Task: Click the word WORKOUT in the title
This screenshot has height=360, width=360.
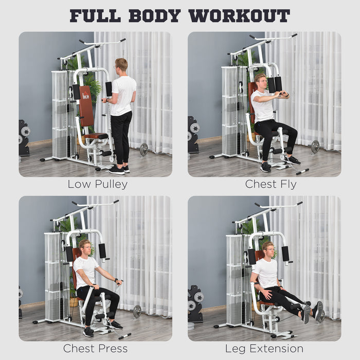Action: point(239,15)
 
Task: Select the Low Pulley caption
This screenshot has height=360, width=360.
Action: point(97,184)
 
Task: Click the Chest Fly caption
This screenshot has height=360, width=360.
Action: point(271,184)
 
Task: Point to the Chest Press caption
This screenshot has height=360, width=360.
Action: point(95,349)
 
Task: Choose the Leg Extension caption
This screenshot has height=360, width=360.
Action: point(264,349)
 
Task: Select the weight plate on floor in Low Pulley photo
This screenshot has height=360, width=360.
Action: point(144,149)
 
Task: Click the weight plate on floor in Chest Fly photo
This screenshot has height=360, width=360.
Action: point(315,147)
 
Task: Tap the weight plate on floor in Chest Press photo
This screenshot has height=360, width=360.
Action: point(137,311)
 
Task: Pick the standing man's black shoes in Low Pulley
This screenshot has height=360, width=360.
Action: point(118,169)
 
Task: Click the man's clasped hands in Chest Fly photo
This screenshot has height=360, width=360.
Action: point(281,95)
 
